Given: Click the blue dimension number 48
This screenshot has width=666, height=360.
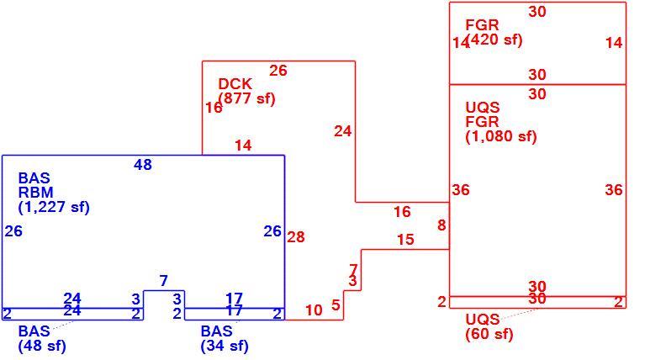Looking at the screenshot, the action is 143,165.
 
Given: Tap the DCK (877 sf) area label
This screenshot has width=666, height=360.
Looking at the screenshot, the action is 246,91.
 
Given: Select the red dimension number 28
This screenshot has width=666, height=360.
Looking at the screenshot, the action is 296,236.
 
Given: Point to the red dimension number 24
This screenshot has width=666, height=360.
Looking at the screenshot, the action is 343,131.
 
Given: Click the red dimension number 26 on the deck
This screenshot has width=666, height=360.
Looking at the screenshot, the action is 278,71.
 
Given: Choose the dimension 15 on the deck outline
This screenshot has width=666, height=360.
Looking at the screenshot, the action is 405,239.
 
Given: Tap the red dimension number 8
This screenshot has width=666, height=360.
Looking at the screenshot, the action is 441,225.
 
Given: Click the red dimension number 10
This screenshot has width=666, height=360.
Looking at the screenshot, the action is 314,310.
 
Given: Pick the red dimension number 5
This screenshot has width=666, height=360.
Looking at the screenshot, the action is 336,304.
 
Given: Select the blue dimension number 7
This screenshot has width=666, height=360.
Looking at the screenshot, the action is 164,281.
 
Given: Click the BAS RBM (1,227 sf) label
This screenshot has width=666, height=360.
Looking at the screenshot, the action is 54,193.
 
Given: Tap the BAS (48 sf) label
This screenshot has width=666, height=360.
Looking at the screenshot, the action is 42,338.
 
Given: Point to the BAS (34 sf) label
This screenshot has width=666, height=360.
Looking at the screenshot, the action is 225,338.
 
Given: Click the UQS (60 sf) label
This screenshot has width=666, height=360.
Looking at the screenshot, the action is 489,326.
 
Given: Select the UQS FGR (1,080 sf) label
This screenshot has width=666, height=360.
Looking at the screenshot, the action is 501,122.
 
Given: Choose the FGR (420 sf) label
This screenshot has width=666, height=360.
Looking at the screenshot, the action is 494,32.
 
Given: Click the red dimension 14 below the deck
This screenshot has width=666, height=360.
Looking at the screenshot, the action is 243,146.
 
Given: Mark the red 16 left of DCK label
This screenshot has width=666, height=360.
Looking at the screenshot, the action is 214,108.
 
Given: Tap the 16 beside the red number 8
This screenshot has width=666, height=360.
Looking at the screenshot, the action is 402,212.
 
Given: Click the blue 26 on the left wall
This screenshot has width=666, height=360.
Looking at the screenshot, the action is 13,231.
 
